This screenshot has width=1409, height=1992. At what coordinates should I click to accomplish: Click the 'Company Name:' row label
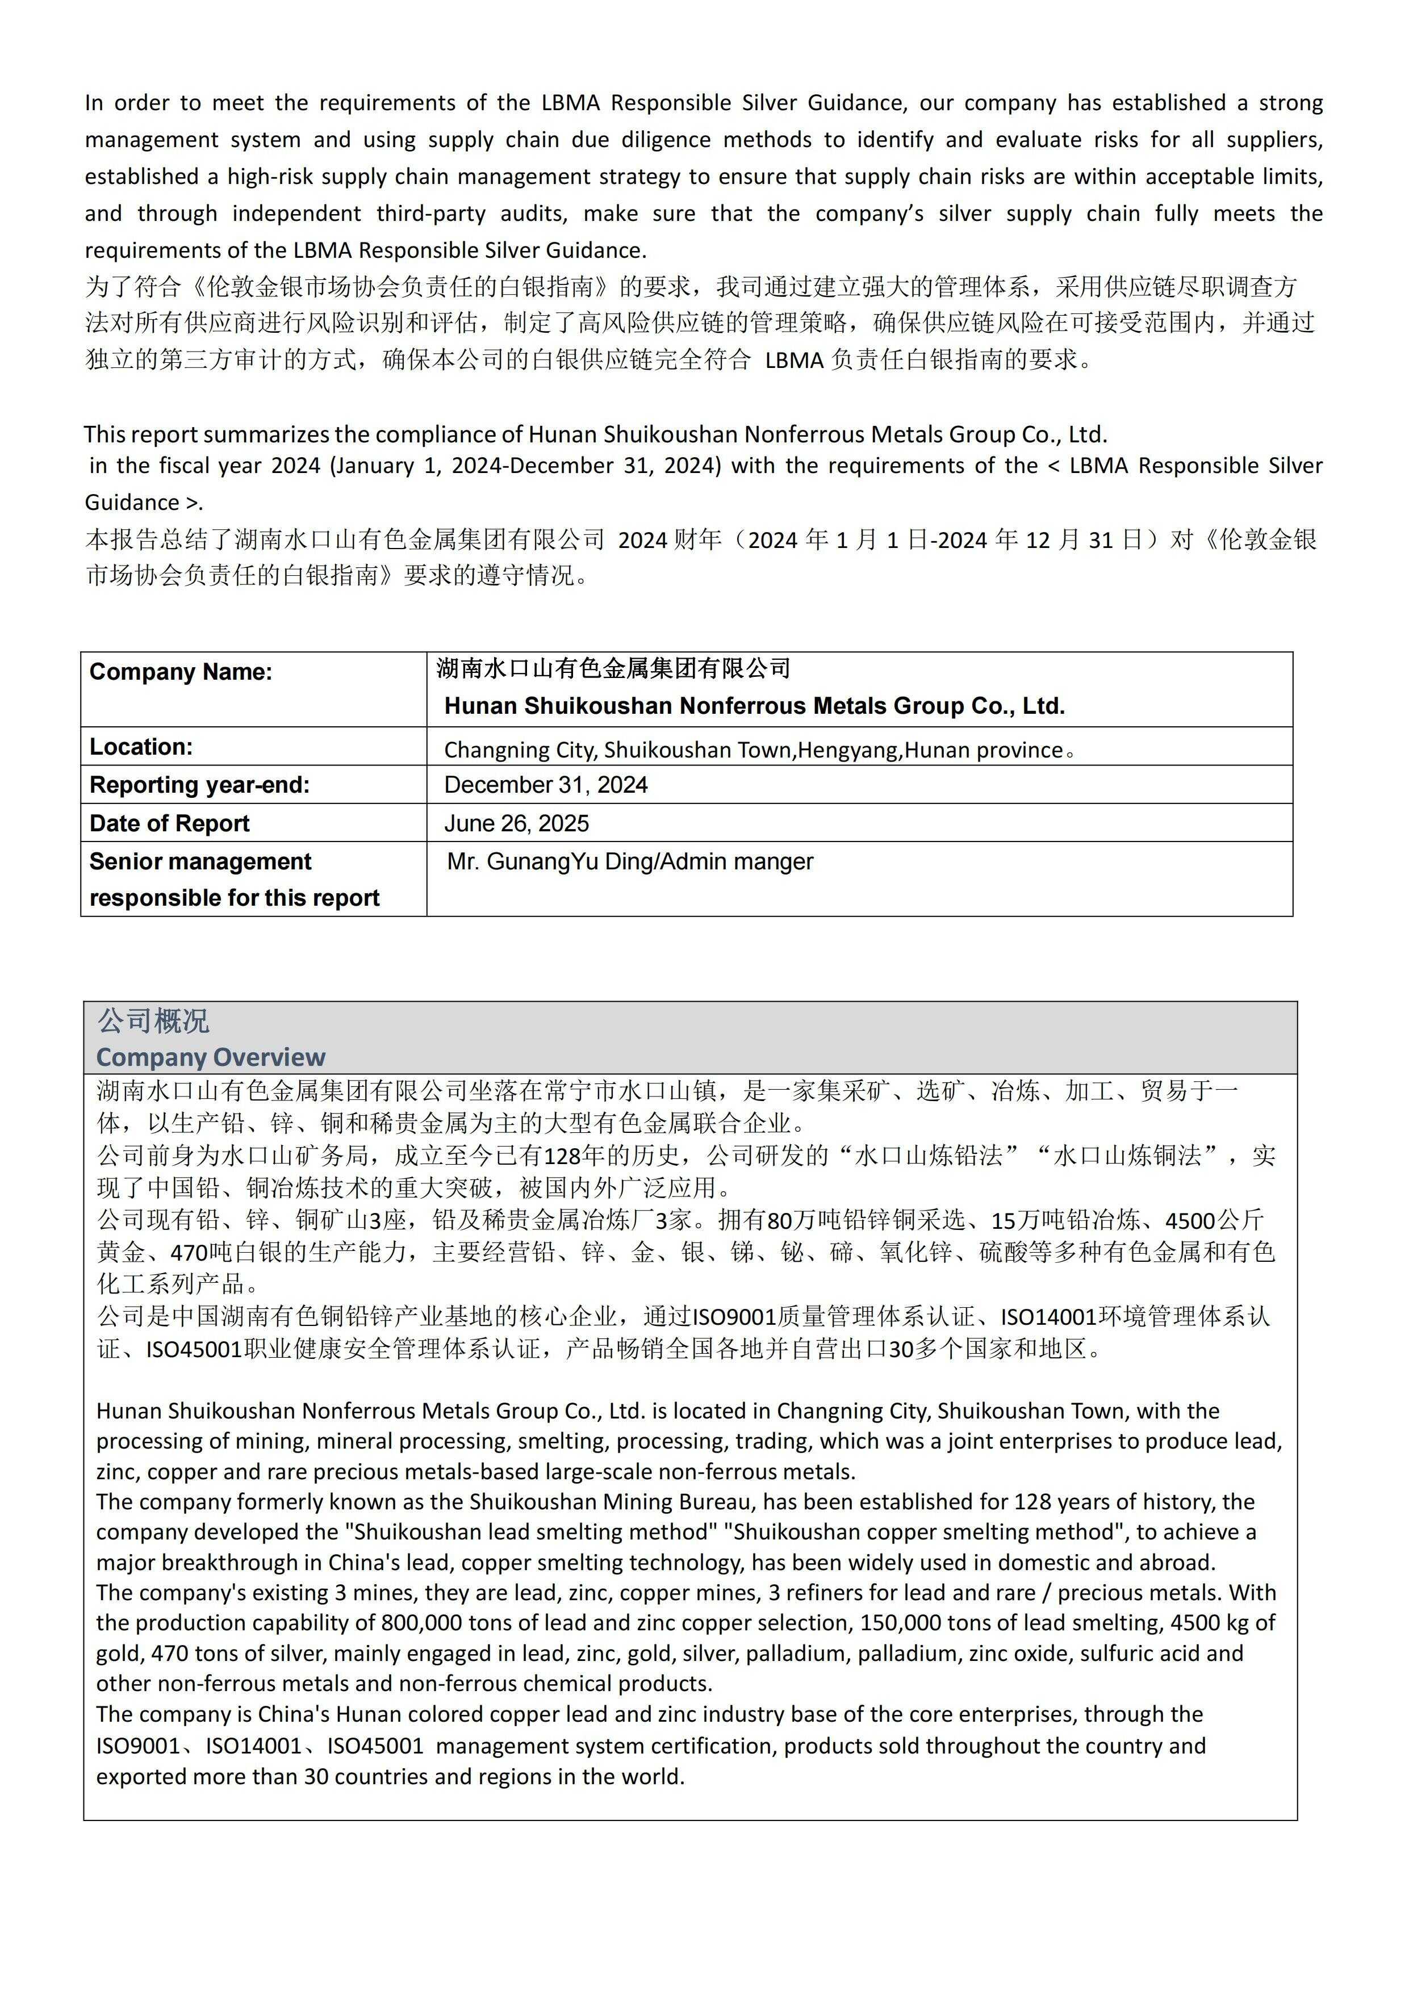[x=181, y=672]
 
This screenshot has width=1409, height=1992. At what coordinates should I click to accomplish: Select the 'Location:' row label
[x=140, y=747]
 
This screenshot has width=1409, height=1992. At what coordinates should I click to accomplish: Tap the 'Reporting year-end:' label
[x=199, y=785]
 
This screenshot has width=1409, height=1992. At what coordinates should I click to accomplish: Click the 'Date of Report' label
[x=169, y=823]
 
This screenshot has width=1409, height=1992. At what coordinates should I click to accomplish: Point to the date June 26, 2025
[x=516, y=823]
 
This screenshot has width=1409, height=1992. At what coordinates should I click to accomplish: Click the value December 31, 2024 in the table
[x=546, y=785]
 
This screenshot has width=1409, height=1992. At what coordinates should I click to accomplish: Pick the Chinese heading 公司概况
[x=153, y=1021]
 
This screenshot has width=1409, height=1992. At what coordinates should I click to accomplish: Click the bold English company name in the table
[x=754, y=706]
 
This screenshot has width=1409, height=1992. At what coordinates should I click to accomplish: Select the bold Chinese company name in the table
[x=613, y=668]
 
